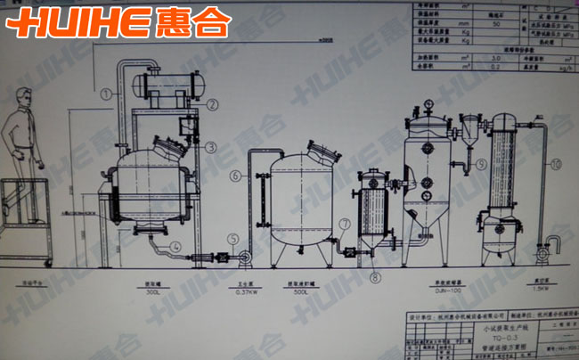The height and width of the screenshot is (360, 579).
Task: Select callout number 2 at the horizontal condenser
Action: (x=212, y=104)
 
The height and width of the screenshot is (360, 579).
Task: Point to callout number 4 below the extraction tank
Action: (x=176, y=246)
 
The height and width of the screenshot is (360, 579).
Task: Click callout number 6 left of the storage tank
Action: (x=234, y=176)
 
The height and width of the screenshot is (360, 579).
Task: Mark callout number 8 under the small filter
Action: (x=375, y=278)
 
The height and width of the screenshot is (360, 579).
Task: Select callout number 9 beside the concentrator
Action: (x=481, y=164)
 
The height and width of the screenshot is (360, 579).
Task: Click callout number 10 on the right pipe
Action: (x=556, y=164)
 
